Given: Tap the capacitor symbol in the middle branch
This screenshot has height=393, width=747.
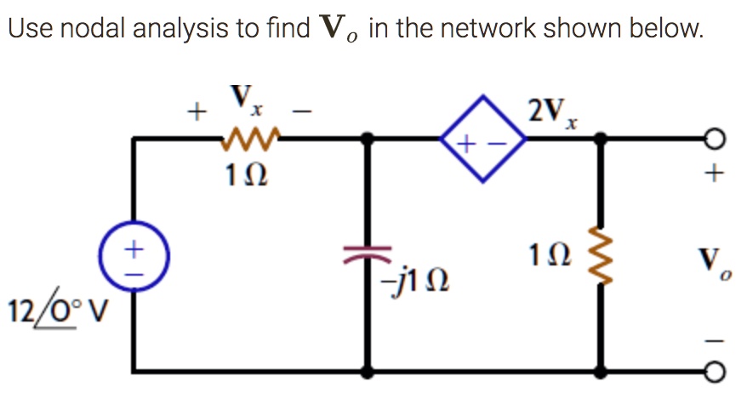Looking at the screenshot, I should pos(368,251).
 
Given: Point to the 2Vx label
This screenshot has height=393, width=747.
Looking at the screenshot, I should pos(554,111).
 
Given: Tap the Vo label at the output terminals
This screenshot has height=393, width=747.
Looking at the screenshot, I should pos(716,260).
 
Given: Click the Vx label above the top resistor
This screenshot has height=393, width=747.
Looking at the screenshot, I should pos(246,100).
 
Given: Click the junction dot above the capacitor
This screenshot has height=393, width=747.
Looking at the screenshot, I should pos(368,139).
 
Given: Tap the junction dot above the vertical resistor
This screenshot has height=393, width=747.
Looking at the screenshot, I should pos(603,139).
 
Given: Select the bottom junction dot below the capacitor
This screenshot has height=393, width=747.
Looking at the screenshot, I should pos(368,372).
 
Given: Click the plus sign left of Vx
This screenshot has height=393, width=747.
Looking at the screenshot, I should pos(197,111).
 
